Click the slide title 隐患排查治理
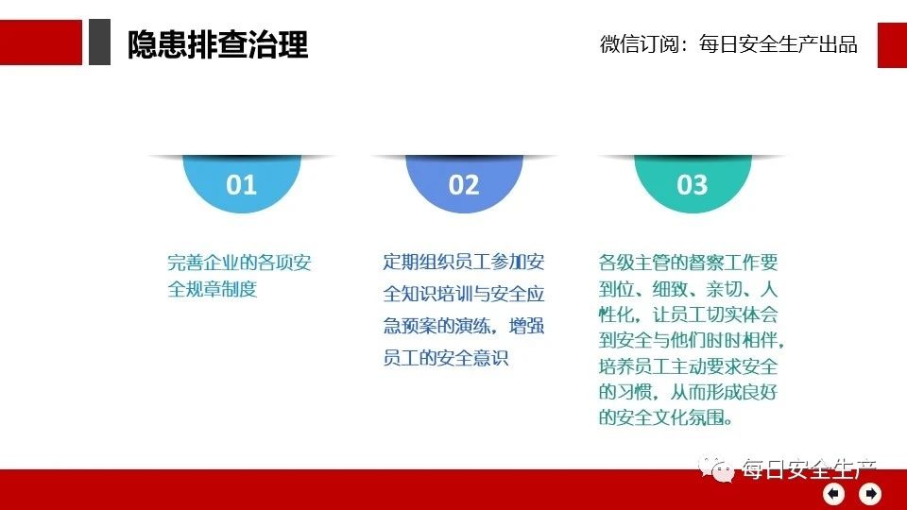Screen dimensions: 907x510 217,44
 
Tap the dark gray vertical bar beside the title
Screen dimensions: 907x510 99,42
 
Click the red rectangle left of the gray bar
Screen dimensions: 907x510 41,42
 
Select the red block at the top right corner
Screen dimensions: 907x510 892,45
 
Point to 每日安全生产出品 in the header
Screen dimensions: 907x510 778,44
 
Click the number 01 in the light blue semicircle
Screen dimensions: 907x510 241,185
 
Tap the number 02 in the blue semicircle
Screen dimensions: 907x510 464,185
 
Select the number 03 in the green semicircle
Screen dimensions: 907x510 693,185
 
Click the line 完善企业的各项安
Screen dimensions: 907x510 239,263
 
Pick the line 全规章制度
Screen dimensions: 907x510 213,289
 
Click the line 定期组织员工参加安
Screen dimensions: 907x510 464,262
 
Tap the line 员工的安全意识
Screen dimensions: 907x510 445,358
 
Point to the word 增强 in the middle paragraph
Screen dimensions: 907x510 526,326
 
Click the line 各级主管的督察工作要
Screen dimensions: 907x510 689,263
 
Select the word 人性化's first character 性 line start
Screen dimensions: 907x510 608,314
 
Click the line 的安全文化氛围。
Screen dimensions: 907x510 666,416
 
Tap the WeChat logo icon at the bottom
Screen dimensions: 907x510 716,467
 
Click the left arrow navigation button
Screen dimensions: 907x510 833,494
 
